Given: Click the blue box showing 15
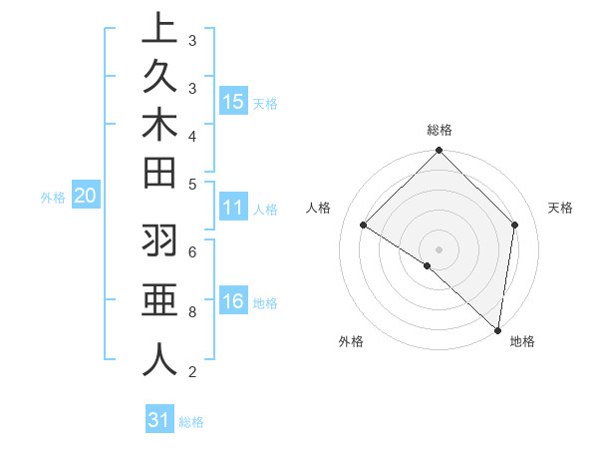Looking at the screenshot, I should pos(233,101).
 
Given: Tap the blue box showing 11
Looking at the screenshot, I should pos(233,208).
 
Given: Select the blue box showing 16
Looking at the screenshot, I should pos(233,301).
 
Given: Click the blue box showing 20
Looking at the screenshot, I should pos(85,197).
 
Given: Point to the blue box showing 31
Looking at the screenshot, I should pos(159,420).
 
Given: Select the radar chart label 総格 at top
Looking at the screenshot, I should pos(440,130).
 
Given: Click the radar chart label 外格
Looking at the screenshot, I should pos(351,341).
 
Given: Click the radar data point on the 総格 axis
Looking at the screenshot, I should pos(439,152).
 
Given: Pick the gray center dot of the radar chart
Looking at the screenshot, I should pos(439,248).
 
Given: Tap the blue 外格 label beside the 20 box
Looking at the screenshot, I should pos(53,198).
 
